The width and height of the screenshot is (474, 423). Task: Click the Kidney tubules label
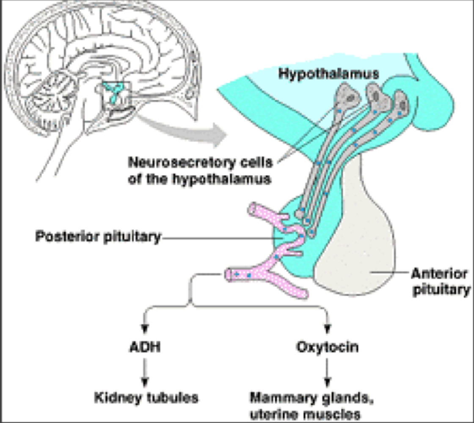pos(146,398)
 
